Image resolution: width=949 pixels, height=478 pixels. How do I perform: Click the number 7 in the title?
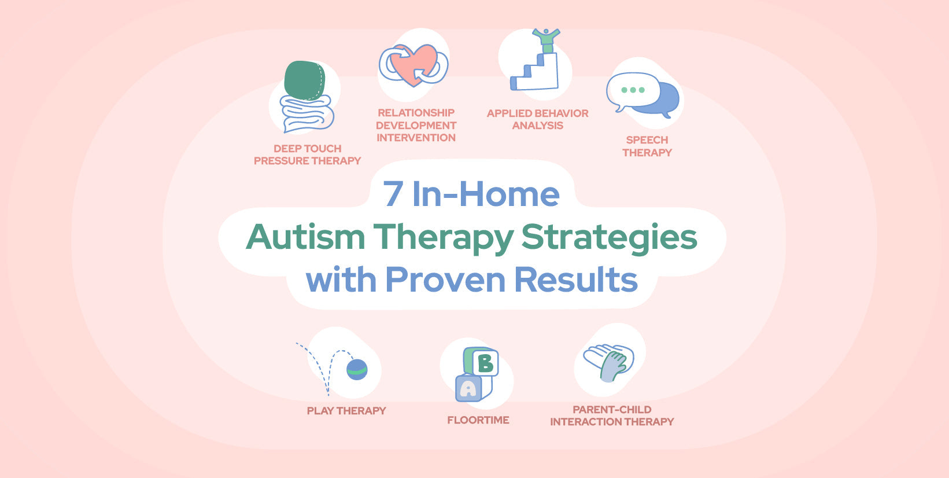(393, 194)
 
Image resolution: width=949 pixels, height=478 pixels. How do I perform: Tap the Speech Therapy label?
(647, 146)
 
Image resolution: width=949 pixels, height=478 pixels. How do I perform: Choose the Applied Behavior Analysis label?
(537, 119)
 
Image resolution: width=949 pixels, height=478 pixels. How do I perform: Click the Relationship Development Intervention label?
(416, 125)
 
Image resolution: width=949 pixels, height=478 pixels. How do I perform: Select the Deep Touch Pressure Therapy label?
(307, 155)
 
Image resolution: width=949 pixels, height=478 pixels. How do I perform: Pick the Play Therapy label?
(346, 411)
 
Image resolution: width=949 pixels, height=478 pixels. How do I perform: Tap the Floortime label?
(478, 420)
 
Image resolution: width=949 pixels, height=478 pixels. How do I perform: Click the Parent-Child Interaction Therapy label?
(612, 416)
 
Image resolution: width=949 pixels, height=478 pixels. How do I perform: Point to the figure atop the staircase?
(545, 39)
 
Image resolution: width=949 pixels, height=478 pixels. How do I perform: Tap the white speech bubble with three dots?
(633, 90)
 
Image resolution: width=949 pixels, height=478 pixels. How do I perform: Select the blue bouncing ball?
(357, 369)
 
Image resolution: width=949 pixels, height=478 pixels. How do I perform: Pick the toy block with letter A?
(468, 389)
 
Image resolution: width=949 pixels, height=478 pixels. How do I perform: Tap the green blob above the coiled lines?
(304, 80)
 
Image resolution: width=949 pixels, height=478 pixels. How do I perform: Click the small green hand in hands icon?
(613, 367)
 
